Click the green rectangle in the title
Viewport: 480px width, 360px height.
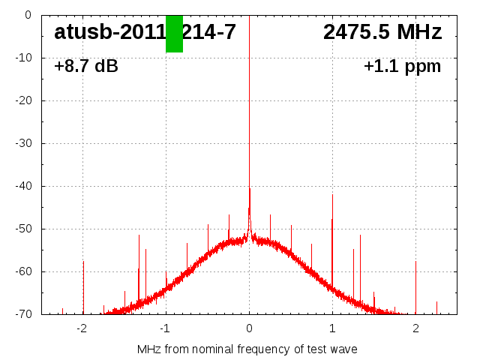174,34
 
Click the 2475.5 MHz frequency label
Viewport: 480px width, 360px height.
382,32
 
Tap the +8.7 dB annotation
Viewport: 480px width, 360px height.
86,66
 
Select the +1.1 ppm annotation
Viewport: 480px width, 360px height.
402,66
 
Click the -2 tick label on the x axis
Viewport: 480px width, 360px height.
82,328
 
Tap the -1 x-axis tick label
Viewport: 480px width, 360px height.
165,328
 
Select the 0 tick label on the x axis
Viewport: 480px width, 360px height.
249,328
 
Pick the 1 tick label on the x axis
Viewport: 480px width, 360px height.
332,328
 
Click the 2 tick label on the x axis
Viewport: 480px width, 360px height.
415,328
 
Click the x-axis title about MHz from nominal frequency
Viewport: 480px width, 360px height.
247,349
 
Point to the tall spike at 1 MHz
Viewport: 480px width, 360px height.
332,225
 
